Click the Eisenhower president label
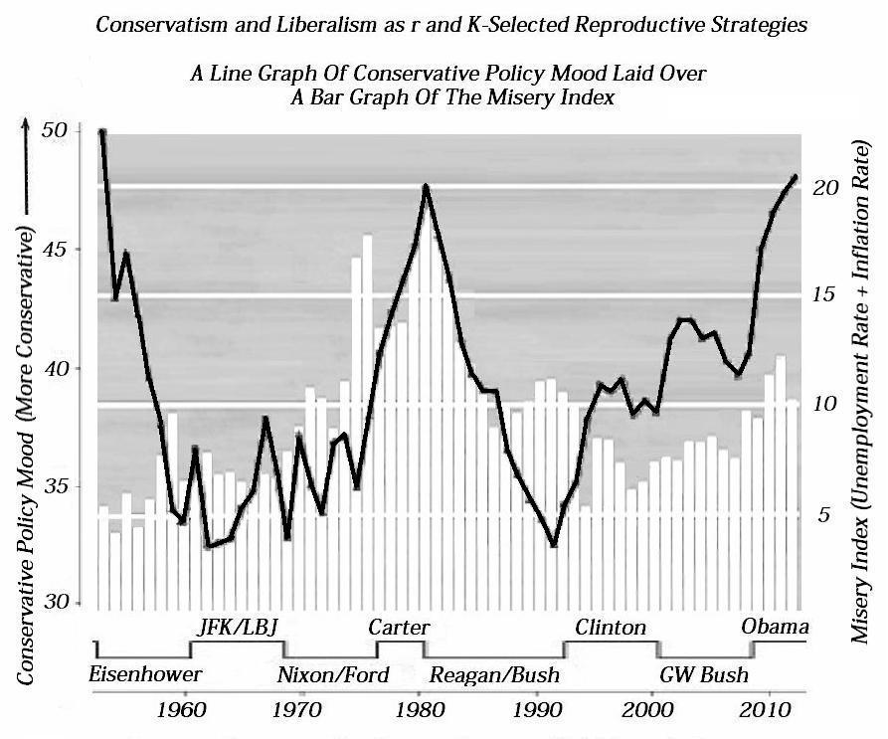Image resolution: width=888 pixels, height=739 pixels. [x=145, y=674]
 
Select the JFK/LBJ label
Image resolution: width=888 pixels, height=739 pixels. [x=239, y=627]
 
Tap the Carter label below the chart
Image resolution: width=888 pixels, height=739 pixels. [x=399, y=627]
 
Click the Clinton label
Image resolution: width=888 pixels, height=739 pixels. [x=611, y=627]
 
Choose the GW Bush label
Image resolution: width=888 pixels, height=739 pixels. [x=703, y=675]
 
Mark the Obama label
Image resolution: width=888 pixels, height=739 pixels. [x=775, y=627]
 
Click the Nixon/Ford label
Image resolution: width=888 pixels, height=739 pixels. [x=332, y=675]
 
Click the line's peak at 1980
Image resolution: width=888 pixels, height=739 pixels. [x=426, y=186]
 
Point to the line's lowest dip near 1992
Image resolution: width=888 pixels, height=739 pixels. [x=554, y=545]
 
